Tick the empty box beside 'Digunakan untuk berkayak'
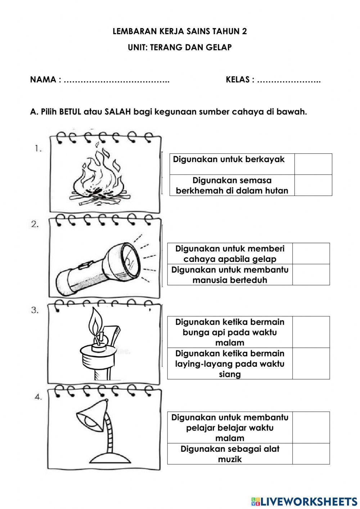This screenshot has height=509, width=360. click(x=313, y=164)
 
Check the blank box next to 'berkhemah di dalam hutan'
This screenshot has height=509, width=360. click(x=313, y=185)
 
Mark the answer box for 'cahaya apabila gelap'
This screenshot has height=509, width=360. click(x=311, y=254)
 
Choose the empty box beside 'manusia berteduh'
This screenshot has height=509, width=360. click(x=311, y=274)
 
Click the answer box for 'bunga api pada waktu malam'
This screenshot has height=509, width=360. click(x=311, y=332)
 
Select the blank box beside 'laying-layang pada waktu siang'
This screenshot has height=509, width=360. click(x=311, y=363)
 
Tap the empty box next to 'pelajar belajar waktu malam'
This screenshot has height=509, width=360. click(x=311, y=428)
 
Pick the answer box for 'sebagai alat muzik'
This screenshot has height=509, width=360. click(x=311, y=454)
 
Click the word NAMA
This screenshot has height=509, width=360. click(x=43, y=80)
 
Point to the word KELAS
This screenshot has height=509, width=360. click(x=238, y=80)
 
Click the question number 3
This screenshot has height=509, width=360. click(x=35, y=310)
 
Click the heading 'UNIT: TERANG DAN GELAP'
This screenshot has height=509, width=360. click(x=180, y=47)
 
